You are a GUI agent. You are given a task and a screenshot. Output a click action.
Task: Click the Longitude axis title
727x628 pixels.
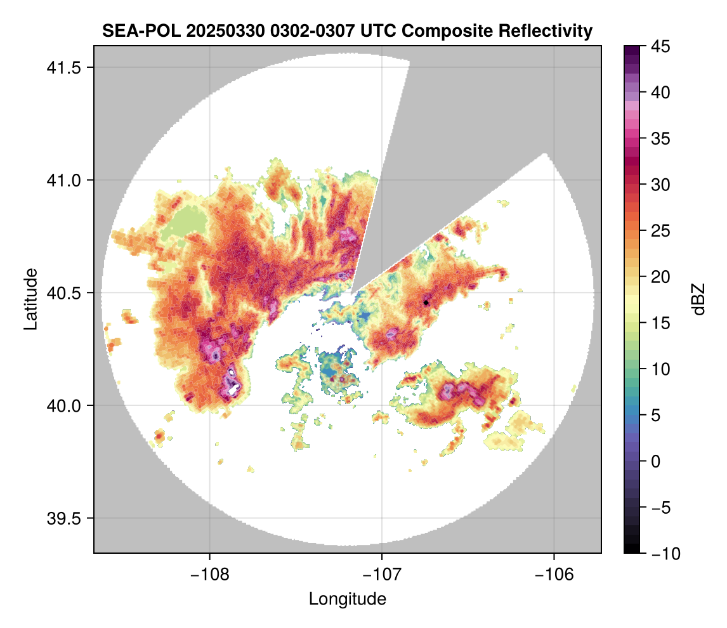(x=347, y=599)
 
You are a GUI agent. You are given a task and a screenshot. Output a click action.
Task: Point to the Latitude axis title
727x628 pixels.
(x=30, y=298)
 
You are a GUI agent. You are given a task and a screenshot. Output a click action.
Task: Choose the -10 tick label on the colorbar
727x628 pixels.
(x=664, y=554)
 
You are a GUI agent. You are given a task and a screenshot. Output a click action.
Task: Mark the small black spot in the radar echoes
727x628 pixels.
(x=426, y=303)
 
